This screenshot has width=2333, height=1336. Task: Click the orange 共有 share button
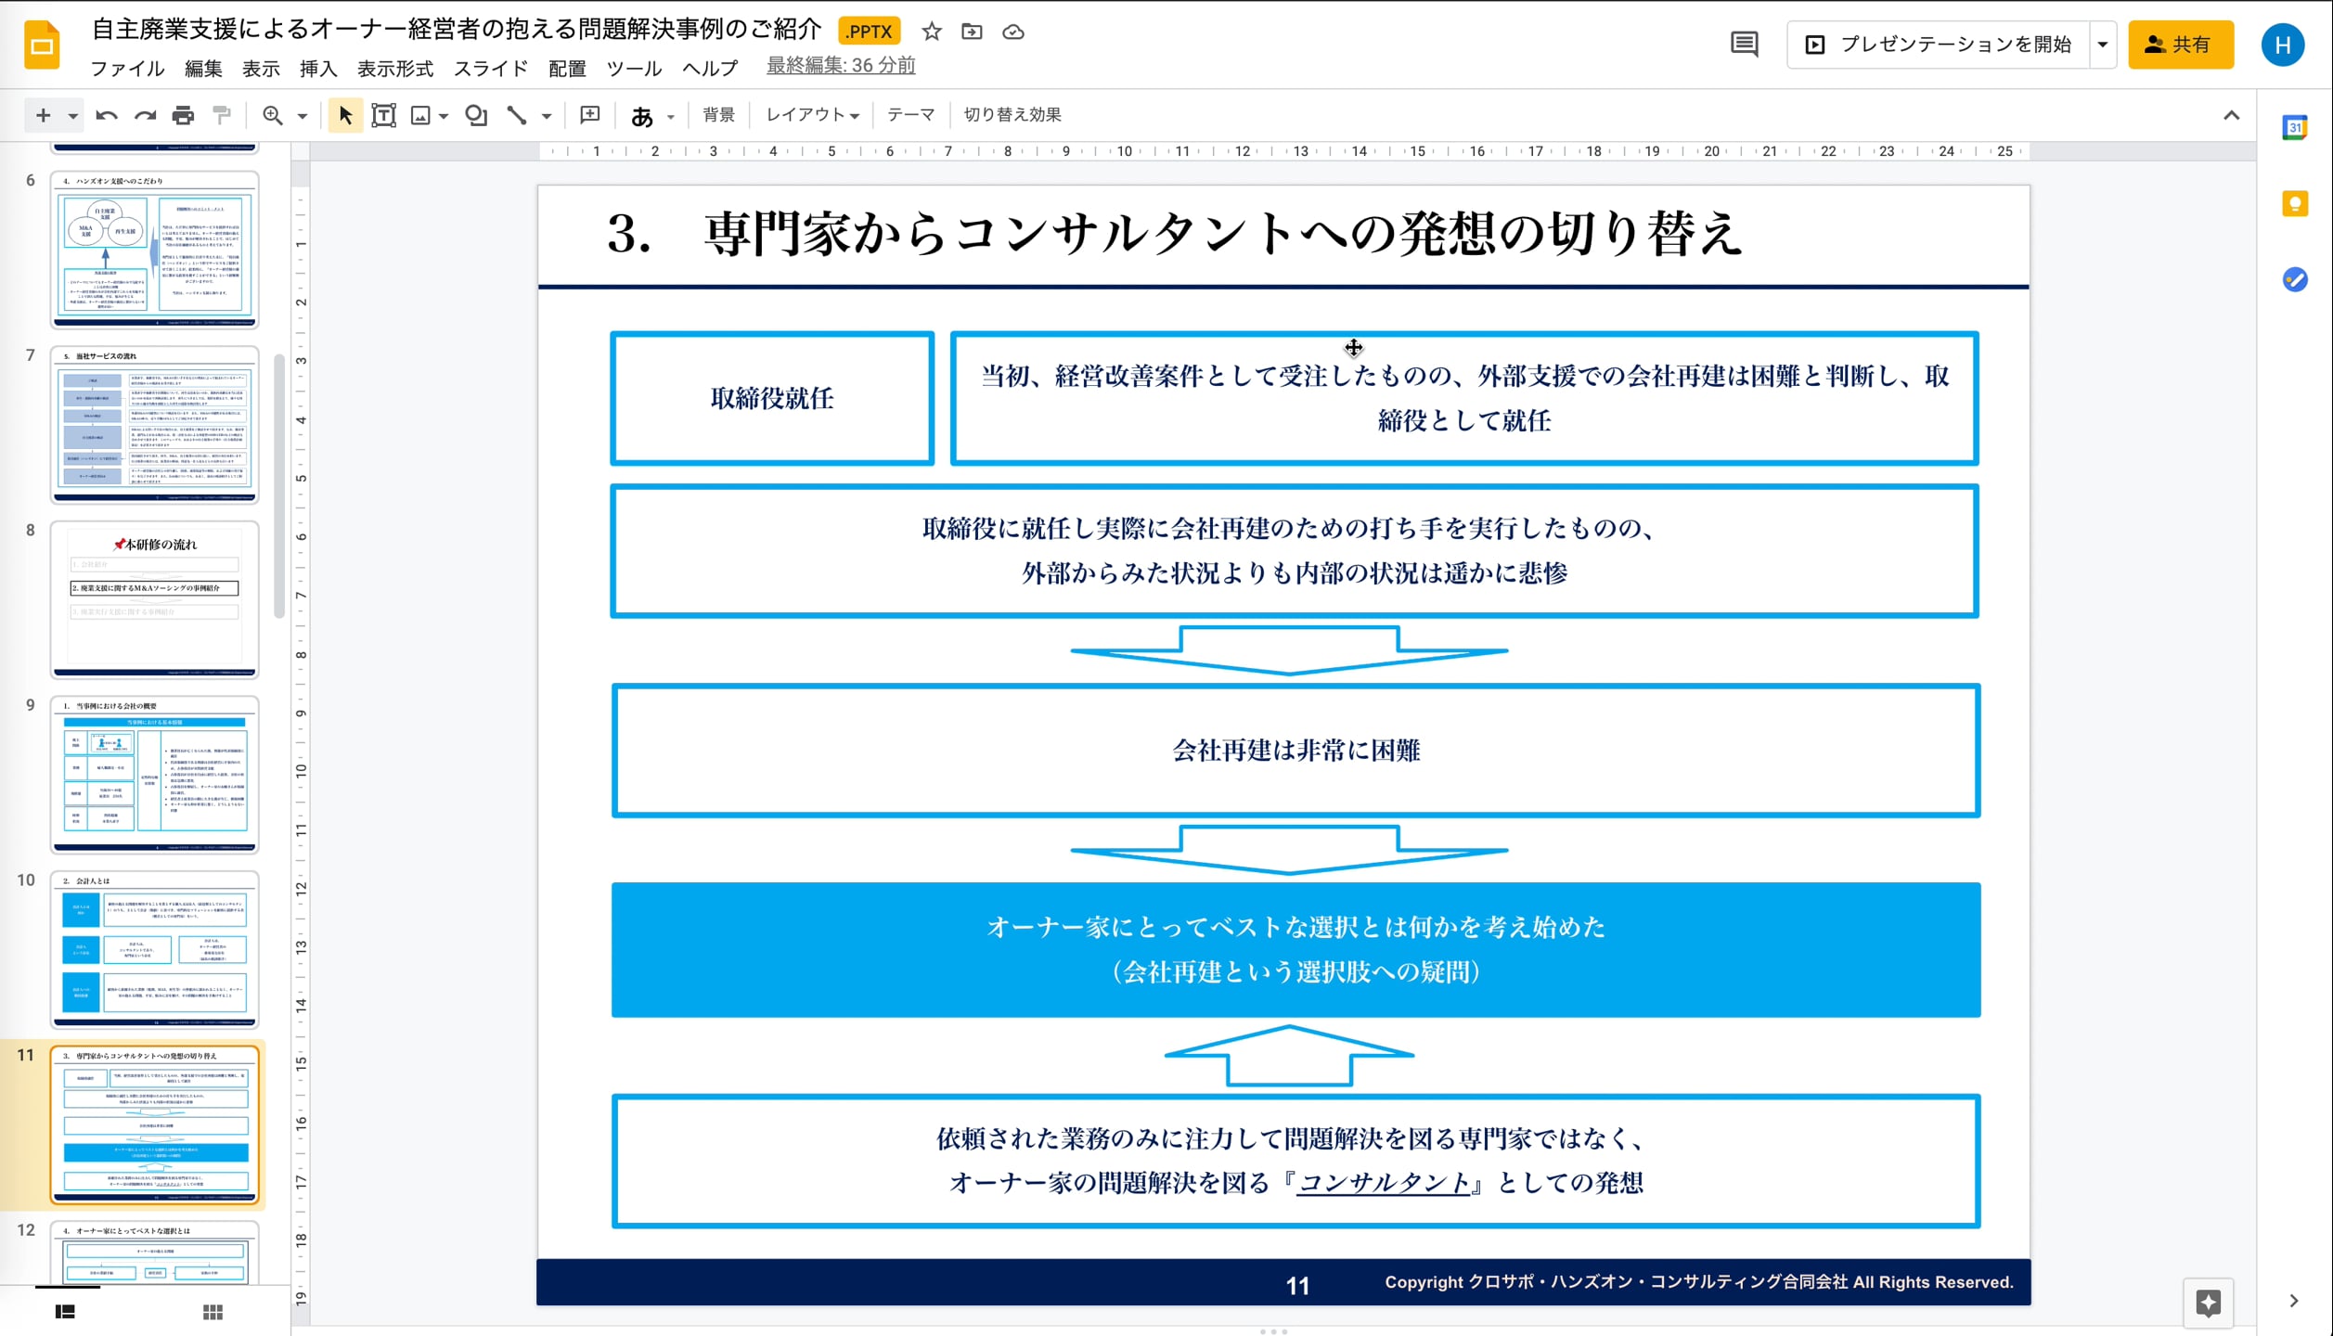point(2180,45)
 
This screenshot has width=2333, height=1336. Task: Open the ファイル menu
point(127,69)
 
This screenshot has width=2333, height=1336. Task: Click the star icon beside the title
point(932,32)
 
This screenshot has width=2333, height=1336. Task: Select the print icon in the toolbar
point(183,115)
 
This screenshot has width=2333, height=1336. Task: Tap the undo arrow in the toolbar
point(107,115)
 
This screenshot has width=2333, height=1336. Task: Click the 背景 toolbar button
point(718,115)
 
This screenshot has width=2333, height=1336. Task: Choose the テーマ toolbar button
point(910,115)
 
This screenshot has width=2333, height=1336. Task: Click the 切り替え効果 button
point(1012,115)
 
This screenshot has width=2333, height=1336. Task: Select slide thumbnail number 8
point(155,598)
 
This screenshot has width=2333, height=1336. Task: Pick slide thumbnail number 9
point(155,774)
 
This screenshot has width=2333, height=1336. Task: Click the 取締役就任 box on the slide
point(772,398)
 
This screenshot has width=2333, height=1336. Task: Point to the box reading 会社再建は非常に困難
point(1295,751)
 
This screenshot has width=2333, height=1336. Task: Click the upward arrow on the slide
point(1289,1056)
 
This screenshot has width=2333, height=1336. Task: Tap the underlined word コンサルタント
point(1383,1183)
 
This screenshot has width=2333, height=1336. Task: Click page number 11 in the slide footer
point(1297,1285)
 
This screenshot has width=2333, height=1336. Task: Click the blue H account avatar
point(2282,45)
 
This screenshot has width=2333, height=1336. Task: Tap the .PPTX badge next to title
point(869,32)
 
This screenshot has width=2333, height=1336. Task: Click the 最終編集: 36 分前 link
point(841,66)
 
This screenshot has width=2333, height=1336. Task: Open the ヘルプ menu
point(710,69)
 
